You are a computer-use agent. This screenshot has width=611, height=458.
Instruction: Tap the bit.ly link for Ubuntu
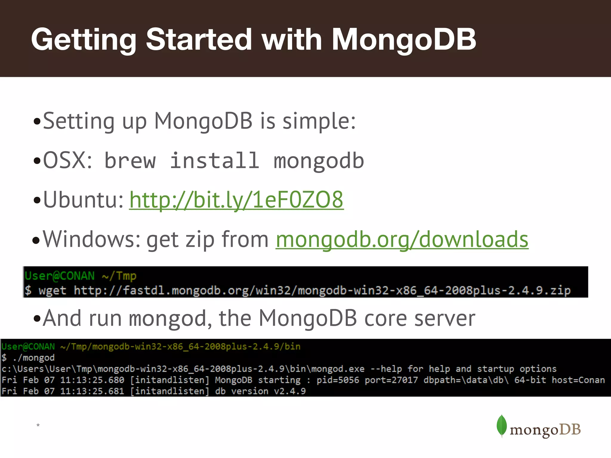[236, 200]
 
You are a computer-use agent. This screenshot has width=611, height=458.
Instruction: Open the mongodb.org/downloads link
[402, 239]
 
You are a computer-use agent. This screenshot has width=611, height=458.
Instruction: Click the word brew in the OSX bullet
[130, 161]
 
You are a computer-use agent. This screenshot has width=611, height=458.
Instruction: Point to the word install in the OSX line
[215, 161]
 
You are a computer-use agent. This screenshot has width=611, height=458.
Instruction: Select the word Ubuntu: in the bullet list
[84, 200]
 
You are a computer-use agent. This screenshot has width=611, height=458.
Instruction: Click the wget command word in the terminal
[52, 290]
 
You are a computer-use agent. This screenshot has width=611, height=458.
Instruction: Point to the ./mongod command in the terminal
[34, 358]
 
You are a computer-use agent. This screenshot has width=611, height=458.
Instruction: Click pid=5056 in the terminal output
[338, 380]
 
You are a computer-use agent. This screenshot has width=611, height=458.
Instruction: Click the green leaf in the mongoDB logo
[502, 425]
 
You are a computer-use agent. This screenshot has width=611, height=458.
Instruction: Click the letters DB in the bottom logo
[570, 430]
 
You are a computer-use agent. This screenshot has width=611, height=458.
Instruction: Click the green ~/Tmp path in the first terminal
[119, 276]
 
